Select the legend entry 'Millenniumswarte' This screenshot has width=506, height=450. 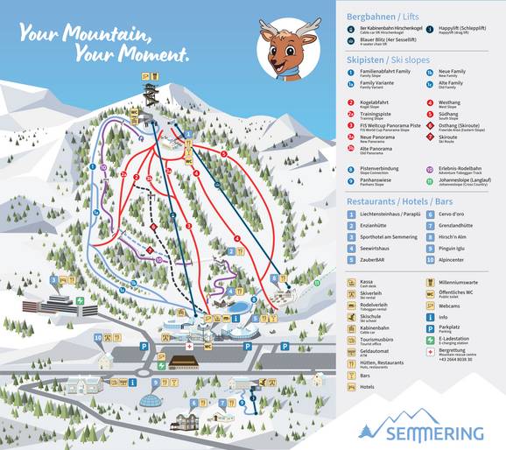(460, 283)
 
